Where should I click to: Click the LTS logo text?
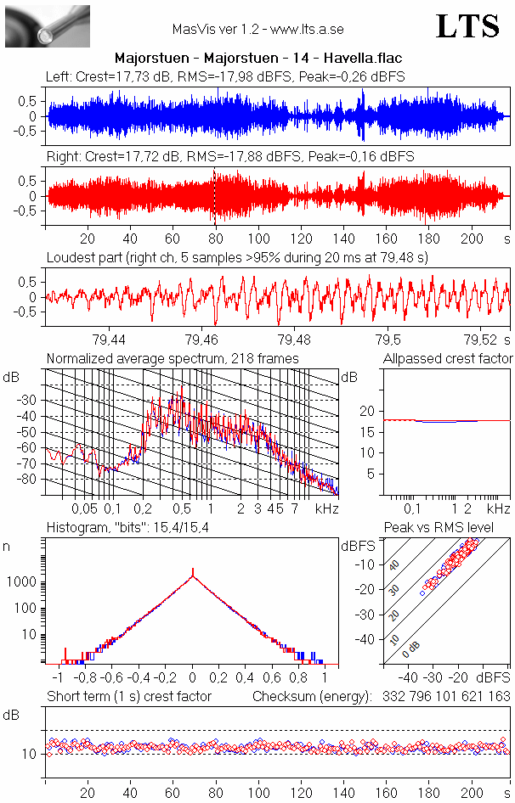[x=467, y=26]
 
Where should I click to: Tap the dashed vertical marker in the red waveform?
[x=214, y=196]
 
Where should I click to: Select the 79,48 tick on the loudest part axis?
[x=293, y=340]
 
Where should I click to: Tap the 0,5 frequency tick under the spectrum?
[x=181, y=508]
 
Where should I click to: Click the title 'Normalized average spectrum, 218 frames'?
[x=173, y=359]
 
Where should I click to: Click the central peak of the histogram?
[x=193, y=574]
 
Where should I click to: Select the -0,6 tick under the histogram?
[x=110, y=678]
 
